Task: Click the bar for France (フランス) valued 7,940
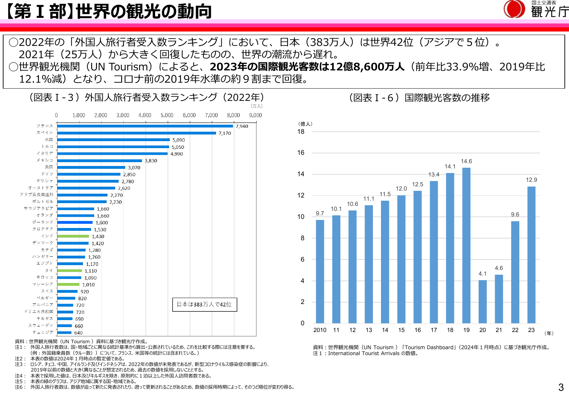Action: (x=145, y=126)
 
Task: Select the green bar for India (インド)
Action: (x=73, y=236)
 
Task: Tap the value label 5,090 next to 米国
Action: (x=179, y=140)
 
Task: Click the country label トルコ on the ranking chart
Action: (x=47, y=146)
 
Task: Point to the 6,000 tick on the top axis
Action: (x=189, y=115)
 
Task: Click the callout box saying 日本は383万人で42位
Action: (x=204, y=304)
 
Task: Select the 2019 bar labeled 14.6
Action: (x=466, y=245)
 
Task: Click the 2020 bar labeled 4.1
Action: (x=483, y=301)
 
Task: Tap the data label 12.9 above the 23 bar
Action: (x=531, y=180)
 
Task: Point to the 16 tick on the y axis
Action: (x=301, y=153)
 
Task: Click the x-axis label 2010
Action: (x=320, y=330)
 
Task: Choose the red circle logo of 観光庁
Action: (x=514, y=9)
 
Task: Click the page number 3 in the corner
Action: (x=561, y=387)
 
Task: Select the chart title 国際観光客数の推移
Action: (x=447, y=98)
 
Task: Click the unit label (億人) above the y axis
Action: (x=305, y=124)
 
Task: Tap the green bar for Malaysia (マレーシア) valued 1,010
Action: (x=69, y=284)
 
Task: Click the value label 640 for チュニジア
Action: (x=78, y=333)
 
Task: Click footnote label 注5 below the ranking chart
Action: (x=19, y=381)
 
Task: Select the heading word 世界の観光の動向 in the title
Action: (x=144, y=12)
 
